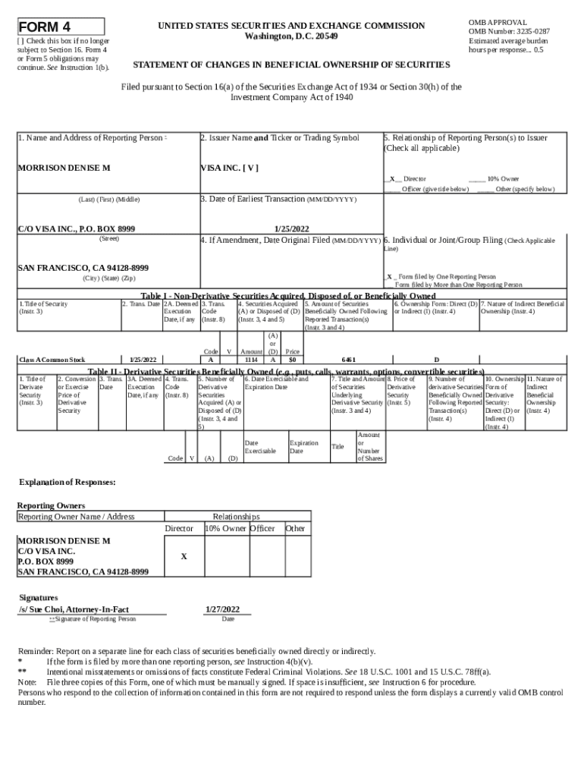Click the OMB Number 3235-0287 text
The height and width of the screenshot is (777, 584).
click(509, 32)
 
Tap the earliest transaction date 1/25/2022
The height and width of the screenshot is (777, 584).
click(291, 228)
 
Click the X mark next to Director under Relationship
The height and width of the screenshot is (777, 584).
click(391, 179)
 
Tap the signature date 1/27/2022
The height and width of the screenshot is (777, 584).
click(222, 609)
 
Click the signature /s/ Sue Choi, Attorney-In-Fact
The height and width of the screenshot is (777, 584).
click(74, 609)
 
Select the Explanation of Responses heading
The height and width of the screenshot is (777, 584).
click(67, 482)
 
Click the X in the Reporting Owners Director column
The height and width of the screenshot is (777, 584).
click(184, 556)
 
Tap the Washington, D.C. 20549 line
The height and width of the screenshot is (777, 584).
click(291, 36)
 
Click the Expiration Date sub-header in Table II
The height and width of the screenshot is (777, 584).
click(303, 447)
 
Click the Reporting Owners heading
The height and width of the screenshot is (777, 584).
click(51, 505)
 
